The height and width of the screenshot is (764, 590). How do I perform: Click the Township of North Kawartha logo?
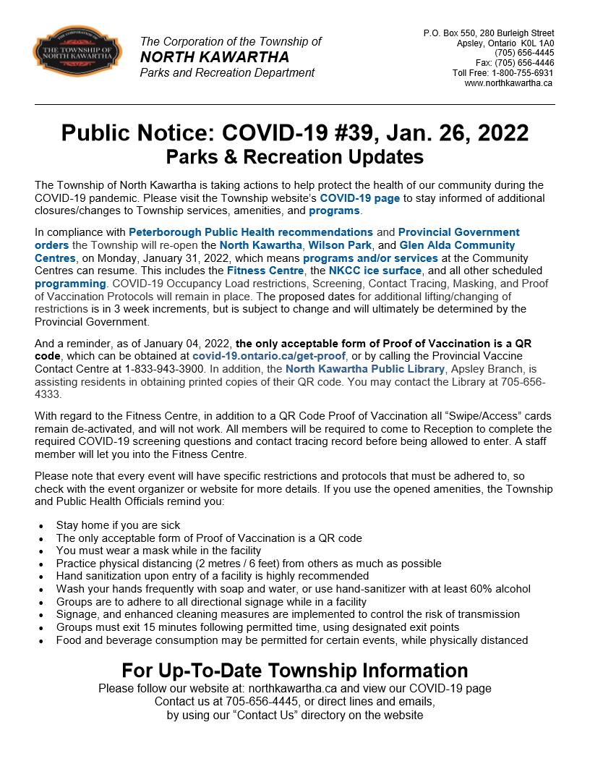coord(72,55)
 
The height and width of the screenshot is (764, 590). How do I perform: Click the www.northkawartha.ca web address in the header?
coord(508,83)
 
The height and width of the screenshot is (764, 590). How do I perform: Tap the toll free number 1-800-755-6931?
coord(522,73)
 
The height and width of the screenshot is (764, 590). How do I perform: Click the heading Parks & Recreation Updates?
coord(294,156)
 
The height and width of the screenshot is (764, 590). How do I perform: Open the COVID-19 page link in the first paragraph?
coord(359,198)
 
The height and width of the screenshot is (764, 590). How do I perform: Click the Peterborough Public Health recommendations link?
coord(250,232)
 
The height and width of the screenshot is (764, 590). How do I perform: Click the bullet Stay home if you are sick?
coord(118,525)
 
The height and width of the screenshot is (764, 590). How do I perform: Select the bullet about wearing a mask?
coord(158,551)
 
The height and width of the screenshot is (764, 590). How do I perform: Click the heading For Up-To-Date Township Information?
coord(294,670)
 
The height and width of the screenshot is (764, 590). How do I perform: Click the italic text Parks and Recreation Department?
coord(227,72)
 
